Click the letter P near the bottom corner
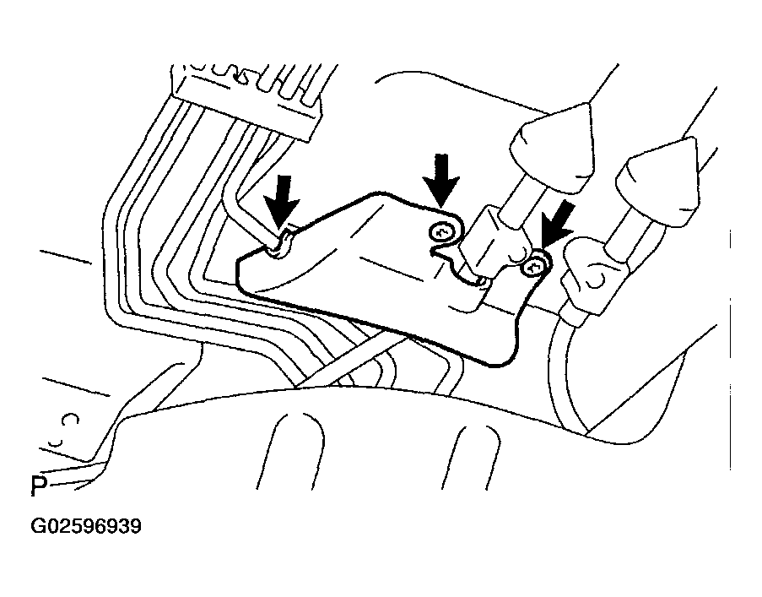pos(39,486)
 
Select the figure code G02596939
pos(86,526)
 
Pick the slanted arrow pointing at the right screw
pos(556,225)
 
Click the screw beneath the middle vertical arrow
pos(440,233)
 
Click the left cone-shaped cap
pos(552,147)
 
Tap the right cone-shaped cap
pos(658,182)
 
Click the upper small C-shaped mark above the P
pos(72,419)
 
